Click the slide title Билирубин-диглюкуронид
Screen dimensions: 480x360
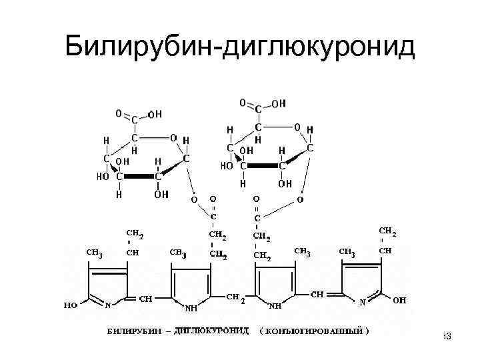pyautogui.click(x=240, y=47)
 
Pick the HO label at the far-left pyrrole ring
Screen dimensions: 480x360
pyautogui.click(x=70, y=305)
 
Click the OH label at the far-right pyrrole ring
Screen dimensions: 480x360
pyautogui.click(x=400, y=301)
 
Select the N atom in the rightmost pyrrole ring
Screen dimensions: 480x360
pyautogui.click(x=363, y=301)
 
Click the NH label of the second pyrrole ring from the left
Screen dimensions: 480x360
pyautogui.click(x=191, y=309)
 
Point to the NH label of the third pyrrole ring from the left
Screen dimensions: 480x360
pyautogui.click(x=275, y=307)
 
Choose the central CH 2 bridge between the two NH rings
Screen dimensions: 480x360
pyautogui.click(x=236, y=297)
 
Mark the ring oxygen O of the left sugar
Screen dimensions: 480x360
pyautogui.click(x=173, y=138)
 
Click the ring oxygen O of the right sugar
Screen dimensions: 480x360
pyautogui.click(x=297, y=127)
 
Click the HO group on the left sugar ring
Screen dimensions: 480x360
pyautogui.click(x=103, y=177)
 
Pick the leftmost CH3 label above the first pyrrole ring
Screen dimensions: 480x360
pyautogui.click(x=94, y=252)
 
